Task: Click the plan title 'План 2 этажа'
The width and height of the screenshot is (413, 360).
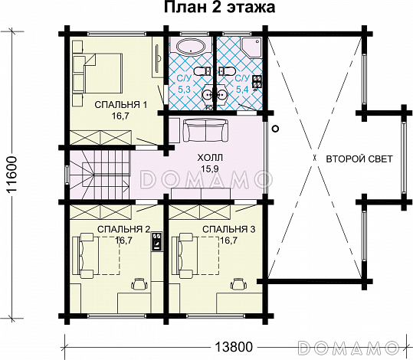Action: tap(220, 8)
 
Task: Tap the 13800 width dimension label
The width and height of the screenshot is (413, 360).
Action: tap(234, 346)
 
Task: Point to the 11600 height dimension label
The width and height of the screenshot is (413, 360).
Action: tap(11, 175)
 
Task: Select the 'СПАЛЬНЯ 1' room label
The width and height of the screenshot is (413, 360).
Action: tap(120, 104)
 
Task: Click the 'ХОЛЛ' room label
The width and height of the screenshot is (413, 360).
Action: tap(210, 158)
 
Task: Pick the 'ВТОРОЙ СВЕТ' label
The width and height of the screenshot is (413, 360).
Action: tap(359, 159)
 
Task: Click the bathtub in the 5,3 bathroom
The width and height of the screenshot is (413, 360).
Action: tap(191, 47)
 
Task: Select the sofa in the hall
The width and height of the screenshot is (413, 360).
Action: tap(205, 131)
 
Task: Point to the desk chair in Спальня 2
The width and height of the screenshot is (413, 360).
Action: tap(139, 283)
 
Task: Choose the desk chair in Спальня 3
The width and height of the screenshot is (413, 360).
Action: tap(238, 283)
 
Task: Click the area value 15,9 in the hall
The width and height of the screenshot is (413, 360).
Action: tap(210, 169)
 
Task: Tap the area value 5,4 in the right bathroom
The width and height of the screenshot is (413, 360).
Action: tap(242, 90)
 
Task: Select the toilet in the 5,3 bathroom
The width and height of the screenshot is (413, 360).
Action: tap(202, 70)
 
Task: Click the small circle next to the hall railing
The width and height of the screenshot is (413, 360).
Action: tap(275, 129)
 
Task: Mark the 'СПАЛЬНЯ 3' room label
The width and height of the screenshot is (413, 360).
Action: tap(229, 229)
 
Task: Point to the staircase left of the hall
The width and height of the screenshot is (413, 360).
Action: tap(100, 175)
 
